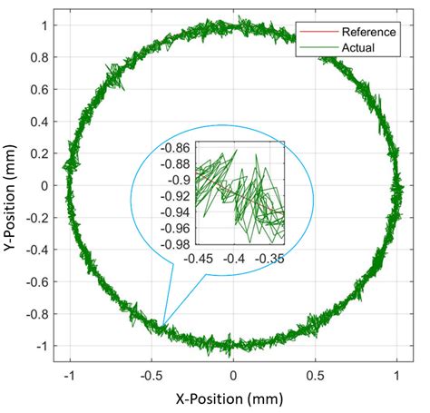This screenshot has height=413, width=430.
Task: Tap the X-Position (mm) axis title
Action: tap(233, 397)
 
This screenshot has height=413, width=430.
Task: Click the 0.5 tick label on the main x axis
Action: tap(315, 373)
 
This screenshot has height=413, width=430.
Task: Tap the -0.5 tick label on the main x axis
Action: tap(151, 373)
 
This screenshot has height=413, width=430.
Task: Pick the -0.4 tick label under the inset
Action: tap(236, 259)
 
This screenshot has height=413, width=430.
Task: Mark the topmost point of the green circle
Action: tap(234, 23)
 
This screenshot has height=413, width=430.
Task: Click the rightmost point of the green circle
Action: tap(400, 185)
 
